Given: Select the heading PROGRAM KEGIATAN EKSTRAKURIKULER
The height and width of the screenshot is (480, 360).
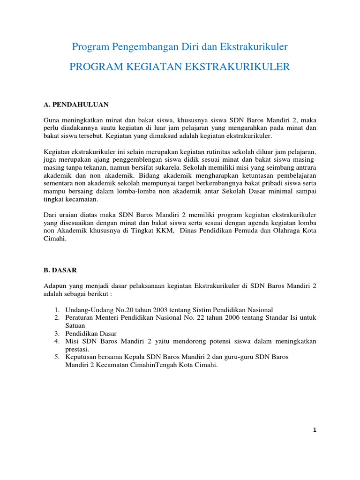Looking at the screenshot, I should click(180, 67).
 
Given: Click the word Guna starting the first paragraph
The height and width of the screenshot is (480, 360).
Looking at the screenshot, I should click(52, 120).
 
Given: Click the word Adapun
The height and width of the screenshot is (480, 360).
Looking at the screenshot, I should click(56, 286).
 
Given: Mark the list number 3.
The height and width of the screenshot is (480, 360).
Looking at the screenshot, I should click(56, 333).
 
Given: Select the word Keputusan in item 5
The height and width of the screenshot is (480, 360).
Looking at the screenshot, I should click(82, 357).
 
